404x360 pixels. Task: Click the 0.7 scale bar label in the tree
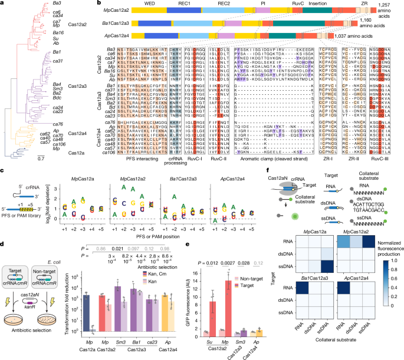coord(40,158)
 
